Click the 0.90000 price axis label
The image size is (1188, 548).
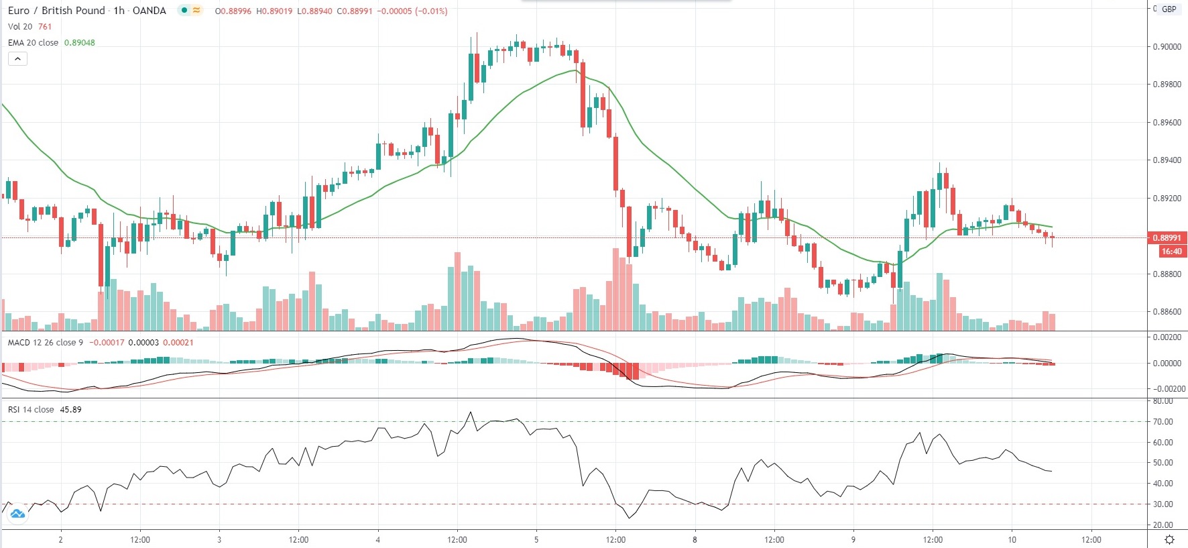point(1167,47)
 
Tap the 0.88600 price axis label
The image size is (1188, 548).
point(1167,312)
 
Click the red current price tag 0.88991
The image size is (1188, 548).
point(1167,238)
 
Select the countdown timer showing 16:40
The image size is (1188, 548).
point(1172,252)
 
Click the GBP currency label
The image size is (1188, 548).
point(1169,9)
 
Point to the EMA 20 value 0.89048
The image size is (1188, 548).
point(80,43)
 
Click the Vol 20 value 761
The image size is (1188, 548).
point(45,27)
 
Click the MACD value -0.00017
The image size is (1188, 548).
point(107,343)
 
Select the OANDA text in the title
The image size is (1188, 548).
point(150,11)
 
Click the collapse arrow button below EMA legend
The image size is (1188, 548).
point(18,59)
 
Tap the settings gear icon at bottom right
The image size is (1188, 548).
point(1169,540)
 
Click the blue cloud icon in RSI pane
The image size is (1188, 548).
point(17,514)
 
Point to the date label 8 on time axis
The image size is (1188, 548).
point(695,540)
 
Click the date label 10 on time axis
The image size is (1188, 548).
point(1012,540)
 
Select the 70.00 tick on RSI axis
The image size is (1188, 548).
point(1163,422)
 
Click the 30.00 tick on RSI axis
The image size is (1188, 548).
point(1163,504)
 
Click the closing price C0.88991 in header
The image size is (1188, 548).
point(355,11)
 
